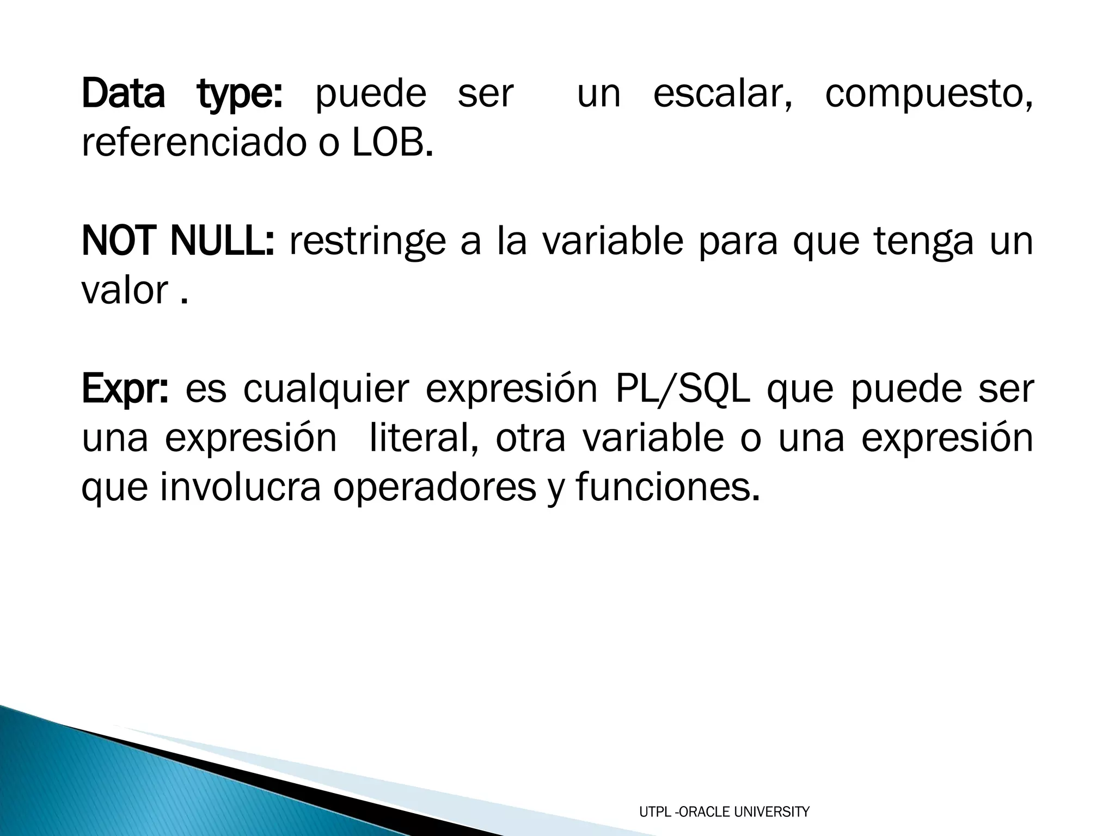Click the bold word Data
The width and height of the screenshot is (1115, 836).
tap(123, 94)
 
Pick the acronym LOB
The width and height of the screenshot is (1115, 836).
tap(392, 143)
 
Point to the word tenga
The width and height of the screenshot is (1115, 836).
tap(924, 243)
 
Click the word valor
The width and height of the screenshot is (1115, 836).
tap(125, 291)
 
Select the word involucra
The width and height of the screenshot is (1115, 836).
tap(240, 488)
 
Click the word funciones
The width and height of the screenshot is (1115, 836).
tap(666, 488)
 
